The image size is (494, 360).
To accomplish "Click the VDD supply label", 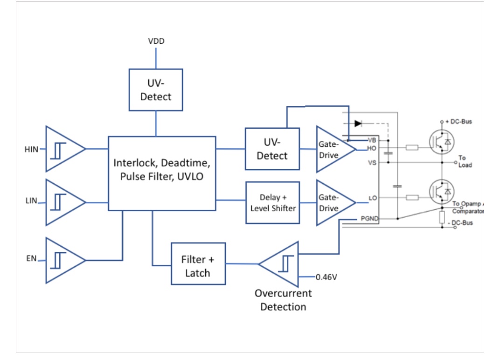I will [x=156, y=41].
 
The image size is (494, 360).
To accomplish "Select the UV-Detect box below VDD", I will [x=156, y=90].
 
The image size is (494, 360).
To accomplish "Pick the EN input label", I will [x=31, y=258].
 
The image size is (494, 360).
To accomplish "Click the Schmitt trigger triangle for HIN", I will [x=63, y=149].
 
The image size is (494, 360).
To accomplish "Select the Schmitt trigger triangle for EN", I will [x=63, y=260].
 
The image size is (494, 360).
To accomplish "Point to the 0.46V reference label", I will [x=327, y=277].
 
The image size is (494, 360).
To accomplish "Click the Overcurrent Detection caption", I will [x=283, y=300].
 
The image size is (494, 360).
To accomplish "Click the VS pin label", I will [x=372, y=162].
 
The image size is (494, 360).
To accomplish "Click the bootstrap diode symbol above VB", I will [x=358, y=124].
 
